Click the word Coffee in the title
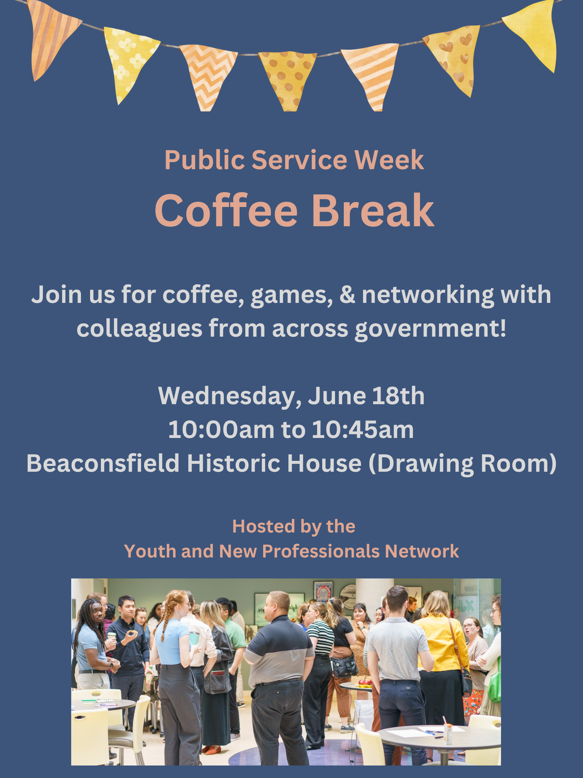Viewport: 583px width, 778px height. pyautogui.click(x=226, y=211)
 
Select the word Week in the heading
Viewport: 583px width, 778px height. pyautogui.click(x=389, y=160)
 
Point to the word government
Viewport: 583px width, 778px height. pyautogui.click(x=431, y=329)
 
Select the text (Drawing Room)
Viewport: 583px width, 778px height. pyautogui.click(x=463, y=464)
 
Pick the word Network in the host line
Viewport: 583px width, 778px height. pyautogui.click(x=422, y=551)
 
